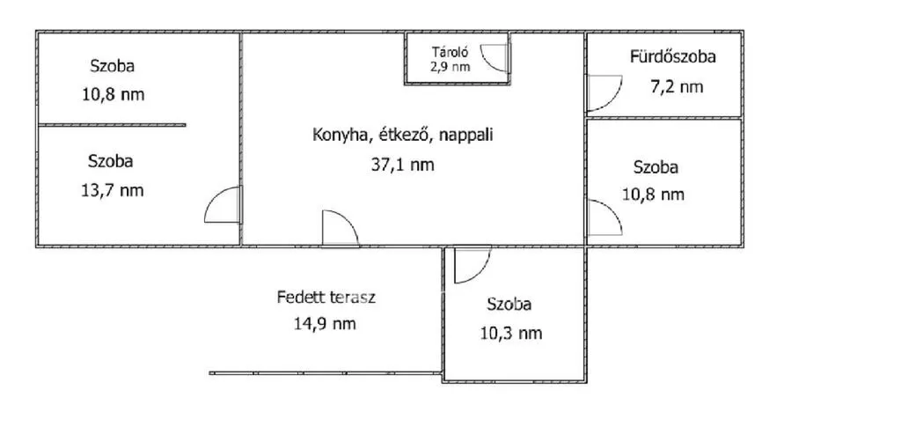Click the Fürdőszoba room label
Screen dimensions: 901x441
click(x=672, y=57)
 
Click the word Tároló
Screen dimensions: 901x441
click(x=450, y=52)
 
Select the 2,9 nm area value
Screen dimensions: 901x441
click(x=450, y=66)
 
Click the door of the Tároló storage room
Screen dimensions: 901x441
click(x=495, y=57)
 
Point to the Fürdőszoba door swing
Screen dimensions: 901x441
click(x=604, y=92)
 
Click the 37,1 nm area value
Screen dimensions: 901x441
click(x=402, y=165)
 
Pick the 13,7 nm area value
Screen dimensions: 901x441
click(x=113, y=190)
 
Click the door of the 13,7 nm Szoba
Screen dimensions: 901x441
click(x=223, y=205)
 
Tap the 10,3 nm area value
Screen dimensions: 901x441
click(x=511, y=333)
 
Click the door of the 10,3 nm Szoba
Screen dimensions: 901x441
click(x=472, y=265)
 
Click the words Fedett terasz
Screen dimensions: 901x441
click(x=326, y=298)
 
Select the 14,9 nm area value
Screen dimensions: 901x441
click(x=326, y=324)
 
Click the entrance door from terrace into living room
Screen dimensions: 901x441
click(x=341, y=229)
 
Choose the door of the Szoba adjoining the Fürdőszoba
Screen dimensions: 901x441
click(x=604, y=217)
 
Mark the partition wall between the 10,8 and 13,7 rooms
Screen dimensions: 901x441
click(x=112, y=124)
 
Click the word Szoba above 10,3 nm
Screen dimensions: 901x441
click(x=509, y=305)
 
